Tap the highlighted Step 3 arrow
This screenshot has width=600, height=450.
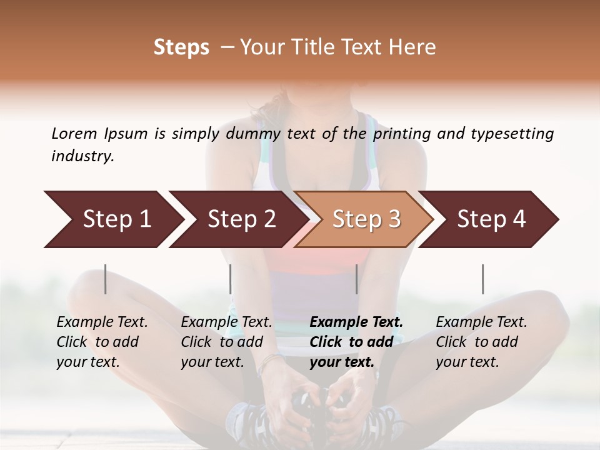pos(366,219)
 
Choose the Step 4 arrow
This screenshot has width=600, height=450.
pos(491,219)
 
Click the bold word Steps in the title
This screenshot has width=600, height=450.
pos(181,47)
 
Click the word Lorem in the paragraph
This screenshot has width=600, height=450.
pos(74,134)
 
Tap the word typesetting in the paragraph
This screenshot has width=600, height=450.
pos(512,134)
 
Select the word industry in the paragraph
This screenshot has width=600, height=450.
pos(82,156)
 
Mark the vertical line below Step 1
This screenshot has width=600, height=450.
pos(106,279)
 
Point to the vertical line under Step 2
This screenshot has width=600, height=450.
pos(231,279)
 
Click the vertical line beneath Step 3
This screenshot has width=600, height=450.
pos(356,279)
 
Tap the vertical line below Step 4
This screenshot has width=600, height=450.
pos(482,279)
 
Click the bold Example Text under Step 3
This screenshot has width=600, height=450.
pos(356,322)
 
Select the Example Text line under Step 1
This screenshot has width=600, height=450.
pos(102,322)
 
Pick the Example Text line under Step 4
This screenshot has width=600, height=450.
pos(481,322)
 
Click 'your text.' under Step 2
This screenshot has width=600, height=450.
pos(212,362)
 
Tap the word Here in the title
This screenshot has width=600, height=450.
pos(412,47)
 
